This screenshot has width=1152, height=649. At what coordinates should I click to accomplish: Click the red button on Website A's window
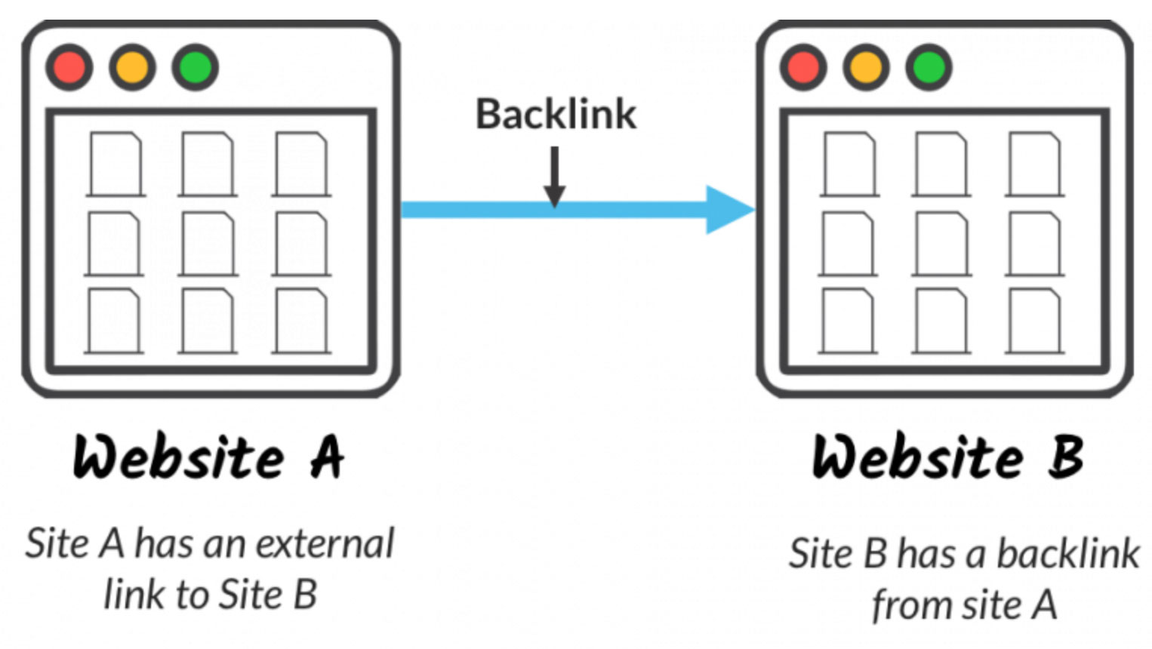69,67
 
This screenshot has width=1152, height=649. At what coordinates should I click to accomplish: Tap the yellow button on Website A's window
132,67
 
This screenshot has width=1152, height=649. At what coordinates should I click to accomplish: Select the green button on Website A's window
195,67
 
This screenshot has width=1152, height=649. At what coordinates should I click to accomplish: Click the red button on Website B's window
803,67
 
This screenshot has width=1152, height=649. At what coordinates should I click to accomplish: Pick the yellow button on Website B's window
866,67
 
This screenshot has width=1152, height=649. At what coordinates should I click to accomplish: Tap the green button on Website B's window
929,67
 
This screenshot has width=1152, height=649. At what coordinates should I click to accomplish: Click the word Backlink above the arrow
556,115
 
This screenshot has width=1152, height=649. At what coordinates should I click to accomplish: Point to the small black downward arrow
555,177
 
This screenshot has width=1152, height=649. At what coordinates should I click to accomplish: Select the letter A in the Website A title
326,458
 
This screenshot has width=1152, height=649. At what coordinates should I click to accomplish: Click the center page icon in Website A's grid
208,243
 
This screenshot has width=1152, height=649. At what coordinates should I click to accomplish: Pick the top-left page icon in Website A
116,165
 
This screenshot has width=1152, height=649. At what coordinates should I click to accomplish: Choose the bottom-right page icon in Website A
300,321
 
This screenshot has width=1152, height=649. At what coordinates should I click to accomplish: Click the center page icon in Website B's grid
941,243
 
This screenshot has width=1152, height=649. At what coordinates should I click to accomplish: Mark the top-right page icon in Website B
1034,165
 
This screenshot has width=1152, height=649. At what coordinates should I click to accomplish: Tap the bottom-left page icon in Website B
848,321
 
